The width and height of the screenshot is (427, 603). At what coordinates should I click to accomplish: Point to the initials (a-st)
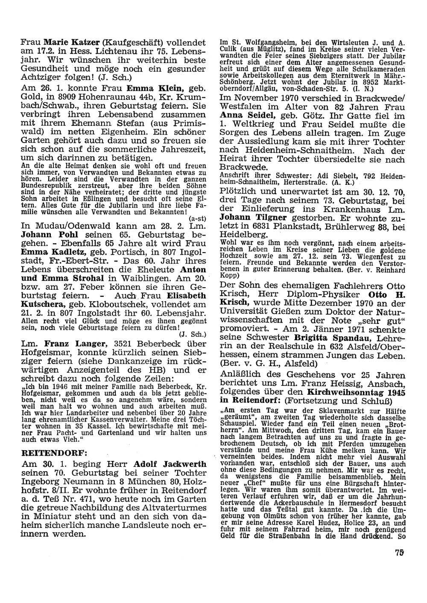click(x=198, y=217)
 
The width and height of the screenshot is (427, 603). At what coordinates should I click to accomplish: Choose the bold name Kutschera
click(x=43, y=304)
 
